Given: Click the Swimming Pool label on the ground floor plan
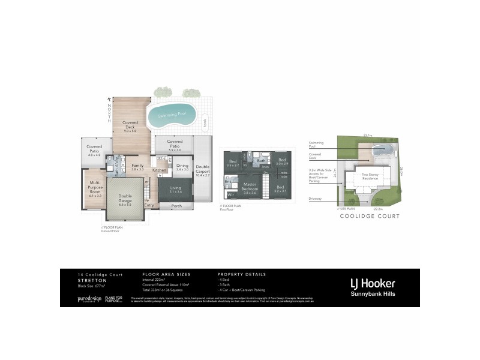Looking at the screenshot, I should point(171,115).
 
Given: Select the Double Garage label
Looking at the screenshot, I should point(125,201).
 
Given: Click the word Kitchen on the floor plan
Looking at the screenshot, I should point(160,170).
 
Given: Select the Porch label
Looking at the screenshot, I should point(176,206).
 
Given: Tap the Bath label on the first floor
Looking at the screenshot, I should point(262,161).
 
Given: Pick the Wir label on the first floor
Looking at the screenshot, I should point(230,195).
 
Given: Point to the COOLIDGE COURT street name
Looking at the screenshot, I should point(370,216).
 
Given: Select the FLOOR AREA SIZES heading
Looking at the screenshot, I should point(166,274).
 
